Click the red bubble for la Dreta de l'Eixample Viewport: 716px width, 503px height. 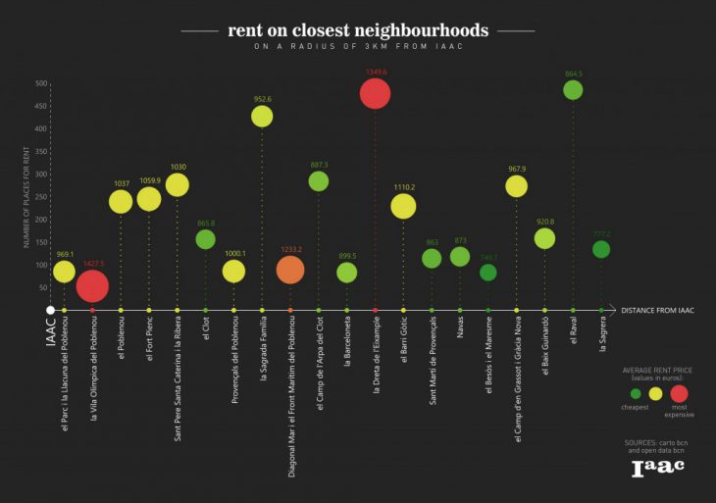(x=376, y=94)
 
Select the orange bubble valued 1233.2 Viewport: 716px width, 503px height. (x=290, y=271)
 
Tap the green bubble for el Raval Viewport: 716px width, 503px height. (x=573, y=90)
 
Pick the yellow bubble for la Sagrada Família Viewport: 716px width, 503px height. (x=262, y=117)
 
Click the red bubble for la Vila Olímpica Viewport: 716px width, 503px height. (x=92, y=286)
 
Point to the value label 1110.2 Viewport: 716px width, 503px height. (x=403, y=186)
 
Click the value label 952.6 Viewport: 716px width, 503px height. (x=262, y=99)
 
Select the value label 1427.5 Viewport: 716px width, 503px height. (x=92, y=264)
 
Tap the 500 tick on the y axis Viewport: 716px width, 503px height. (x=41, y=83)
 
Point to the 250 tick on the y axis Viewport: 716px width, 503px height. (x=41, y=197)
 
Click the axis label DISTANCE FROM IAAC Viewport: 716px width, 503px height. (x=657, y=311)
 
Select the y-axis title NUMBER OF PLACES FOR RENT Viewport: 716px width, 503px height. (x=27, y=195)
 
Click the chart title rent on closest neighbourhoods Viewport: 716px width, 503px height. (x=358, y=30)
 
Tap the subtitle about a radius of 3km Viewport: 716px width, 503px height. (x=358, y=47)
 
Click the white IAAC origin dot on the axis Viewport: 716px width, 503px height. (x=50, y=311)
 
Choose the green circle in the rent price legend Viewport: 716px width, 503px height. (x=636, y=393)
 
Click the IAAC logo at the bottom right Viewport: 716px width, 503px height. (x=657, y=468)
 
